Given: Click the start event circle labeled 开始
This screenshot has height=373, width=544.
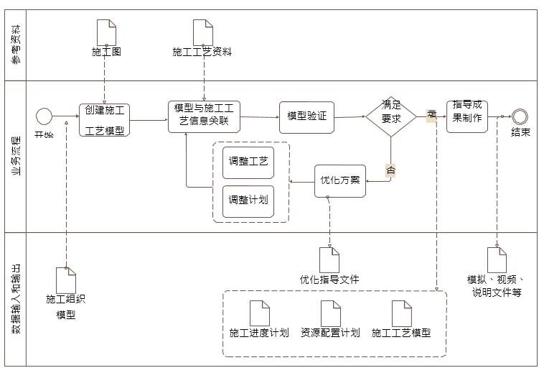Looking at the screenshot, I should click(x=44, y=116).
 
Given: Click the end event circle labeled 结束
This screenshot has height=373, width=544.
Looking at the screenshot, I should click(x=520, y=116).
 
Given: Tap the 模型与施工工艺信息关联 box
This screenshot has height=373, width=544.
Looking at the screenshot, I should click(x=204, y=115).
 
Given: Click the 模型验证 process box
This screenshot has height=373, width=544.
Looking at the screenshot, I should click(x=306, y=116).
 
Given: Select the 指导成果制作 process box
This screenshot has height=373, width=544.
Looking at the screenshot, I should click(x=466, y=113).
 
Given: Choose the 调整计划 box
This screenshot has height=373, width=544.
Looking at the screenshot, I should click(x=248, y=199).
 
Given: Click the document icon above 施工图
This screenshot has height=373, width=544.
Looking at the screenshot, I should click(x=106, y=32).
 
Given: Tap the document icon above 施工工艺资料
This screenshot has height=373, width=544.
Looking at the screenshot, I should click(x=203, y=32).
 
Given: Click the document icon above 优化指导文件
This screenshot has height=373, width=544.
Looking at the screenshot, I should click(x=329, y=259).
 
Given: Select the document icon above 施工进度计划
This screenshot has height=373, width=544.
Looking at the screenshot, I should click(x=259, y=313).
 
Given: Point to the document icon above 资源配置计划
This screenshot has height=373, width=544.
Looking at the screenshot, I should click(x=330, y=313).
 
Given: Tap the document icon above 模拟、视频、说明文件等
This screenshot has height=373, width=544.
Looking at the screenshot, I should click(x=497, y=259).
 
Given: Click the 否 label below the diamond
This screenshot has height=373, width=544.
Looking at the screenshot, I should click(x=391, y=170).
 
